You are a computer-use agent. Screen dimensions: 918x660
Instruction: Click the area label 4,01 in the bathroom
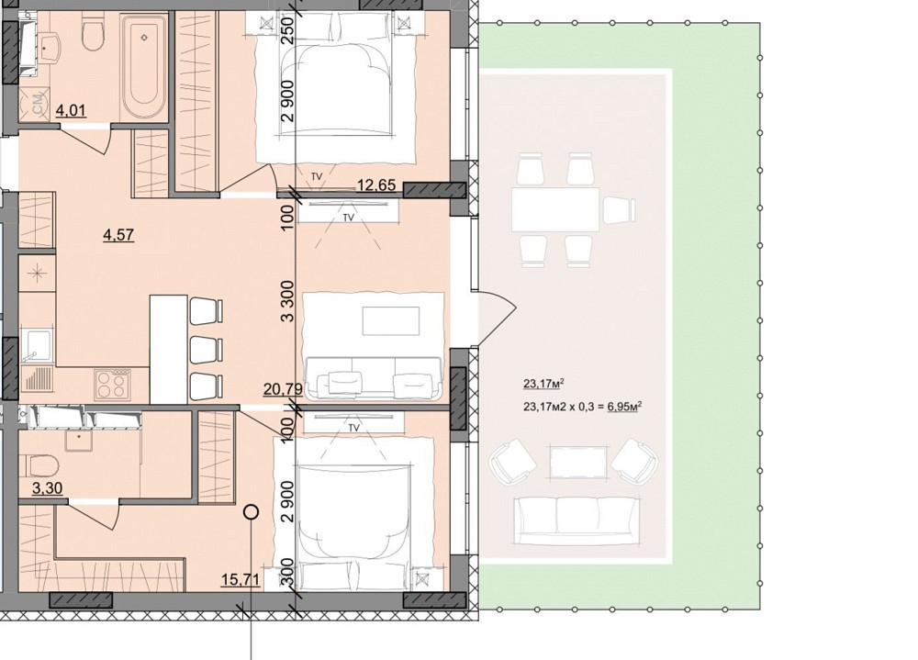coord(72,110)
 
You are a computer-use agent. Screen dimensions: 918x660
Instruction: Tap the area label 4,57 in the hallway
coord(118,235)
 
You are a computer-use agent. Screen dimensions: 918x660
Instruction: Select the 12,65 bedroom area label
coord(377,186)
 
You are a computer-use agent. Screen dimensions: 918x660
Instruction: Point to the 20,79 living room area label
coord(283,389)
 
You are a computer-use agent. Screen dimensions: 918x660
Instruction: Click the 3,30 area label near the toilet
coord(48,487)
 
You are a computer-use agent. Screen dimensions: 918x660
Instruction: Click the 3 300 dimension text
coord(286,302)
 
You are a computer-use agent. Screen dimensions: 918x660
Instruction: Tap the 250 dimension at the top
coord(287,28)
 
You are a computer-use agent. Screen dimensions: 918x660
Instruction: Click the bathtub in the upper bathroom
coord(143,67)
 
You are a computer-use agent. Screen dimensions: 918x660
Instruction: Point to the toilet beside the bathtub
coord(92,33)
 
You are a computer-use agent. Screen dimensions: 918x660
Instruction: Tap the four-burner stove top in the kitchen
coord(112,385)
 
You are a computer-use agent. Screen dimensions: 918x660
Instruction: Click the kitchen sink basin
coord(37,345)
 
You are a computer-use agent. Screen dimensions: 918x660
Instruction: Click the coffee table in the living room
coord(391,321)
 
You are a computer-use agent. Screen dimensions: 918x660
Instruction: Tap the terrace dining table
coord(555,209)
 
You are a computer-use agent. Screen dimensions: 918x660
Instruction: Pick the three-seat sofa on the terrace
coord(576,520)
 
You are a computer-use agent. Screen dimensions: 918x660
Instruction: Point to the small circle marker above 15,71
coord(252,512)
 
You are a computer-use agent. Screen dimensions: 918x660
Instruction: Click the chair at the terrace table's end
coord(619,209)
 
